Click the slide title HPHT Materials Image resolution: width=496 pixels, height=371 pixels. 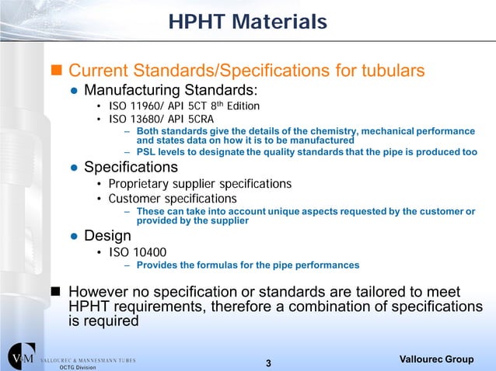[x=248, y=22]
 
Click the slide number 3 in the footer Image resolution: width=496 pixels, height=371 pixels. [x=268, y=363]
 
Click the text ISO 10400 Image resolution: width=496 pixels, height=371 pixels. [x=137, y=251]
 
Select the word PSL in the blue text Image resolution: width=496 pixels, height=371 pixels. [x=146, y=152]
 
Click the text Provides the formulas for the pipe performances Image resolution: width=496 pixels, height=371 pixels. [x=247, y=265]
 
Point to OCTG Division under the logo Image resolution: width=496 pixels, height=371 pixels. [x=77, y=366]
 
